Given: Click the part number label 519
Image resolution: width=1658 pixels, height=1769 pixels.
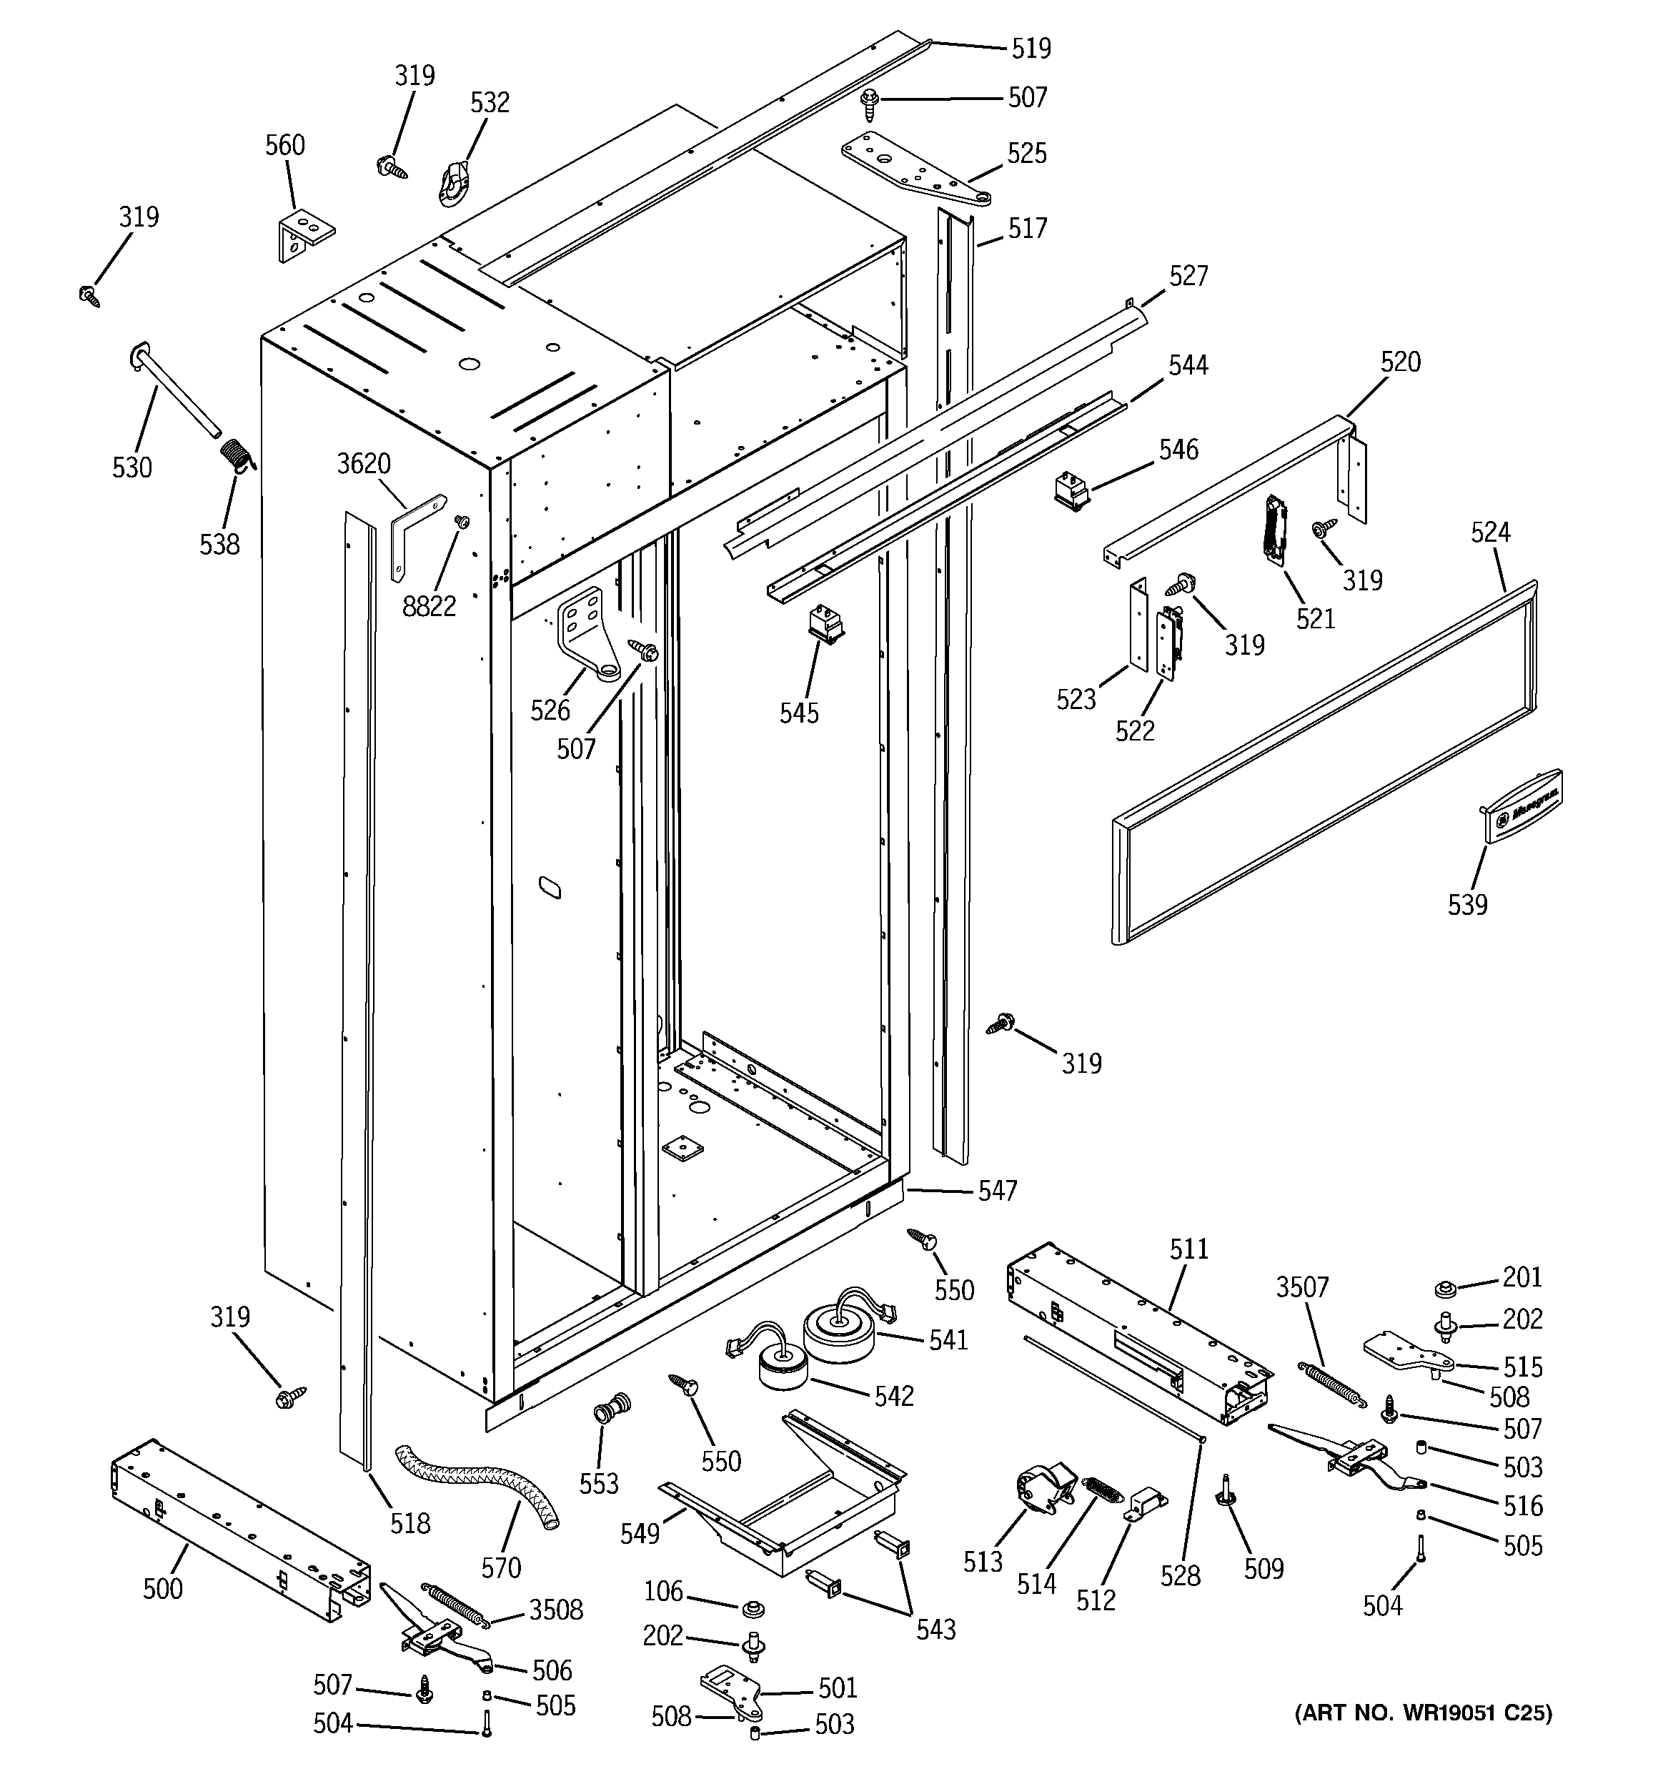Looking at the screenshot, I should pos(1031,48).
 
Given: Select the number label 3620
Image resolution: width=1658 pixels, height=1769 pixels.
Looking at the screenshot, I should pos(363,464).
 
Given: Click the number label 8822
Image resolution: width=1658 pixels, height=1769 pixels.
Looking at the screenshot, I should pos(429,606).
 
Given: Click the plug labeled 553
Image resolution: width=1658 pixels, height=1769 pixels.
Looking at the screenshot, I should pos(612,1409).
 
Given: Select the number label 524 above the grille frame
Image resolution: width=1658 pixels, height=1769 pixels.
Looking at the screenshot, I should pos(1490,532).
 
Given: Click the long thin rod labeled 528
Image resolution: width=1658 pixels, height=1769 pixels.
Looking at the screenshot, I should pos(1113,1387).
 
